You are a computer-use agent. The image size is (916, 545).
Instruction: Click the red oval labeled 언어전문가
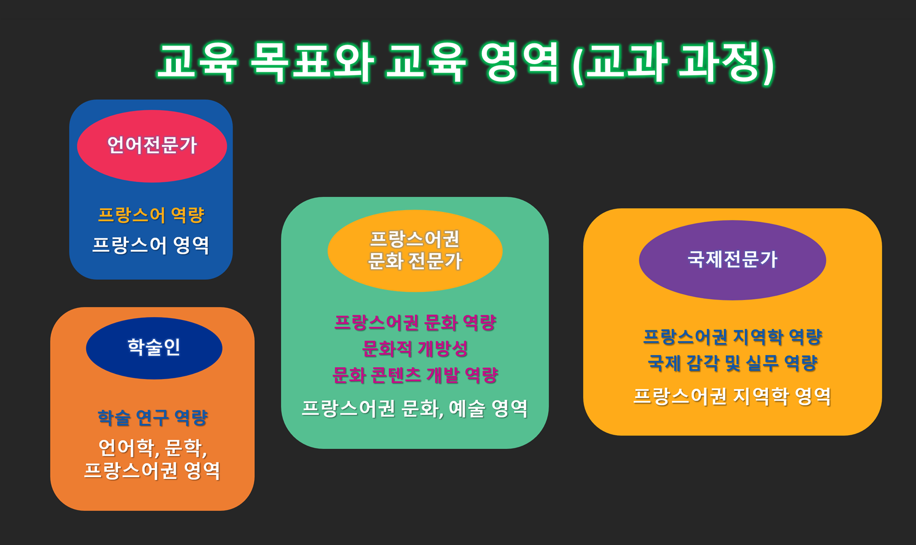[152, 146]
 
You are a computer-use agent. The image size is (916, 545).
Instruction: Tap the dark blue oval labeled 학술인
[154, 348]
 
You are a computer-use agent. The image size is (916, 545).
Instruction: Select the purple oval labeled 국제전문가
[732, 260]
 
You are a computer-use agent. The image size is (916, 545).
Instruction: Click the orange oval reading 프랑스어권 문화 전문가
[415, 251]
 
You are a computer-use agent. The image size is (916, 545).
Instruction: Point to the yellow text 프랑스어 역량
[151, 215]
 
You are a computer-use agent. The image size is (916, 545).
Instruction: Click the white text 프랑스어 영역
[151, 245]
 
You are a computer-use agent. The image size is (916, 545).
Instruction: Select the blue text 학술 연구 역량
[153, 418]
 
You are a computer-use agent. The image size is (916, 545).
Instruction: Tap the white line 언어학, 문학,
[153, 447]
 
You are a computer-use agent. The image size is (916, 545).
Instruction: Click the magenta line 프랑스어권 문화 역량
[415, 323]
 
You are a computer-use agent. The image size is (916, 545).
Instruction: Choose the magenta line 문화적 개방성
[415, 349]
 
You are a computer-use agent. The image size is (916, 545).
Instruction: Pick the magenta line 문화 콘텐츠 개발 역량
[415, 375]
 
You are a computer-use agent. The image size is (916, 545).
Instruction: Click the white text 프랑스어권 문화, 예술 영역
[415, 408]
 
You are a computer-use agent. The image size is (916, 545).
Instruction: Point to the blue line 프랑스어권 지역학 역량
[733, 337]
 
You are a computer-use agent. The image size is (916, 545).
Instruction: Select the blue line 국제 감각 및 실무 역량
[733, 363]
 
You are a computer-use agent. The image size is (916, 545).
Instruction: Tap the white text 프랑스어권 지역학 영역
[732, 396]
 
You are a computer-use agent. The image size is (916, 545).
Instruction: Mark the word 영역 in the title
[520, 63]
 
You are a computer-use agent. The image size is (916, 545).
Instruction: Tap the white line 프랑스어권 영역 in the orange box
[153, 470]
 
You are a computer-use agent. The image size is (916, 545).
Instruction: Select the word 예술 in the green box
[467, 408]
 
